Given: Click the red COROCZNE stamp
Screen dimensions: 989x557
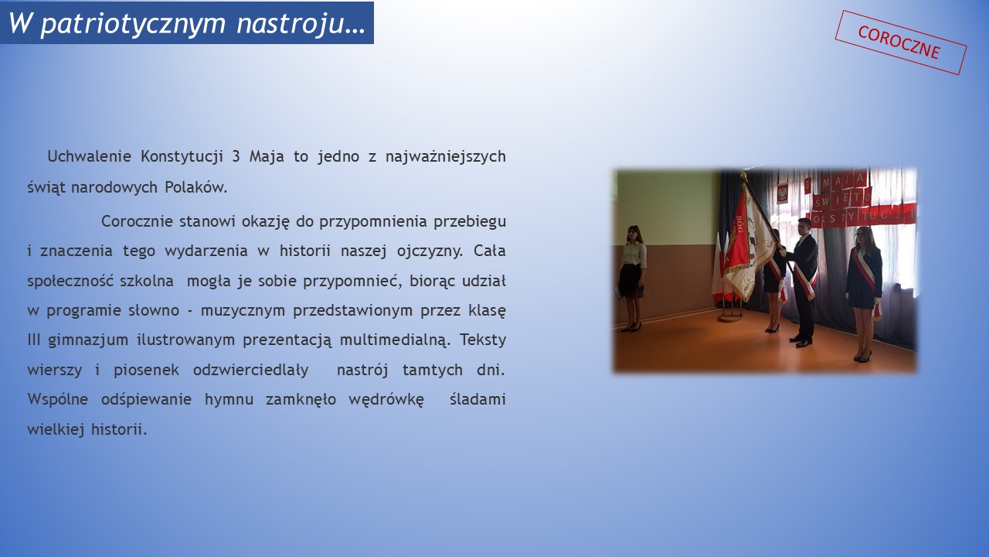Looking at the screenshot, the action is click(x=901, y=43).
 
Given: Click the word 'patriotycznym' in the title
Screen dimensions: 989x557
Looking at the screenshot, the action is click(x=133, y=24).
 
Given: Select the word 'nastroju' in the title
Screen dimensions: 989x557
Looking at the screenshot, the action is click(x=290, y=24).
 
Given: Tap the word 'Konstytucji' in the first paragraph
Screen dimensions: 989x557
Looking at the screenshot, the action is click(x=182, y=156).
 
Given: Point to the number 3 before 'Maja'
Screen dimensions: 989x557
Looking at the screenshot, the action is click(x=236, y=156).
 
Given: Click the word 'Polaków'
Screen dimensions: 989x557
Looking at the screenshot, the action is click(x=195, y=187).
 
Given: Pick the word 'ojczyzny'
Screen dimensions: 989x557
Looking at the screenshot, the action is click(x=430, y=251).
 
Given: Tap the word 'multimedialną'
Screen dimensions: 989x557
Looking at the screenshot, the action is click(x=395, y=340).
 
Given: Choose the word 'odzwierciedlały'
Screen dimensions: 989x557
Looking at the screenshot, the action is click(x=251, y=370).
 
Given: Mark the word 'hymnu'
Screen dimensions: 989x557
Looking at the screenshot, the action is click(x=229, y=400).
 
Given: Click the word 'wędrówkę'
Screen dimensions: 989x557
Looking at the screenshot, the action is click(x=386, y=400).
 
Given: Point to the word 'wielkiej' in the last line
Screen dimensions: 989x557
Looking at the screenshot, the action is click(x=56, y=429).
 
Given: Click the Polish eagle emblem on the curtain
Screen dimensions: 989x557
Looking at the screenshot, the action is click(x=783, y=193).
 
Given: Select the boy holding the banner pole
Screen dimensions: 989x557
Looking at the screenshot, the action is click(x=802, y=282).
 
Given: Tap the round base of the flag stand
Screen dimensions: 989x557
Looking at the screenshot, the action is click(x=730, y=316).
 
